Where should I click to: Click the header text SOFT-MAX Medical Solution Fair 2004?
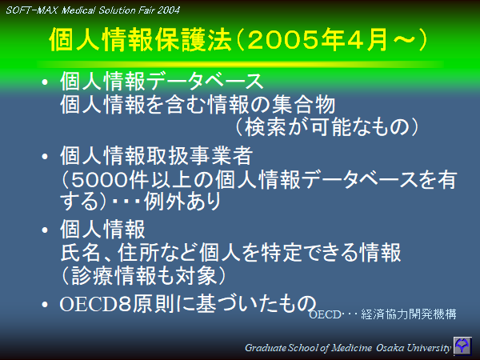pyautogui.click(x=93, y=10)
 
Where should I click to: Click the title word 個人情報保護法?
pyautogui.click(x=141, y=41)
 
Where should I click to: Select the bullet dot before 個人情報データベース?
pyautogui.click(x=47, y=82)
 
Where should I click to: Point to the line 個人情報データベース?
pyautogui.click(x=162, y=82)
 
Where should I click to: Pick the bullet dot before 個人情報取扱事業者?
pyautogui.click(x=47, y=156)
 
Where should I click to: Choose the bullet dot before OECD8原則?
pyautogui.click(x=47, y=304)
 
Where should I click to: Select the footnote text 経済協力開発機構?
pyautogui.click(x=413, y=314)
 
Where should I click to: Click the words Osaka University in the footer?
pyautogui.click(x=416, y=347)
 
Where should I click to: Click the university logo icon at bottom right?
pyautogui.click(x=463, y=346)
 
